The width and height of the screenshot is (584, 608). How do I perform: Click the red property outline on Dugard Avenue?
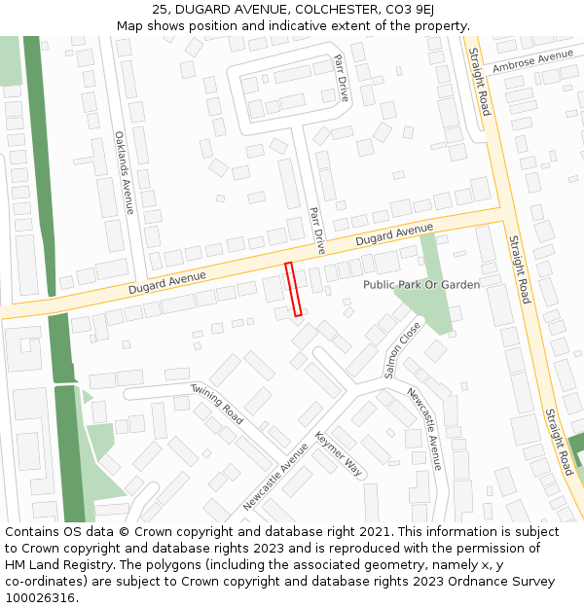click(x=293, y=289)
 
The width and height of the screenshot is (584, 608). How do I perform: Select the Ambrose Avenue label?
click(x=533, y=62)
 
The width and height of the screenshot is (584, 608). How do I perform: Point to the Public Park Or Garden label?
click(x=421, y=284)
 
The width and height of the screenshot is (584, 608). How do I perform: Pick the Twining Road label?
click(x=217, y=403)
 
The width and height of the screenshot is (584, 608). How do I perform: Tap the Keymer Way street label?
click(x=339, y=453)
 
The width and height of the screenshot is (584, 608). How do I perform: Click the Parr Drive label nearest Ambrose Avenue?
click(x=341, y=78)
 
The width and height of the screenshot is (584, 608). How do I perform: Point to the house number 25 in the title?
click(x=161, y=10)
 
